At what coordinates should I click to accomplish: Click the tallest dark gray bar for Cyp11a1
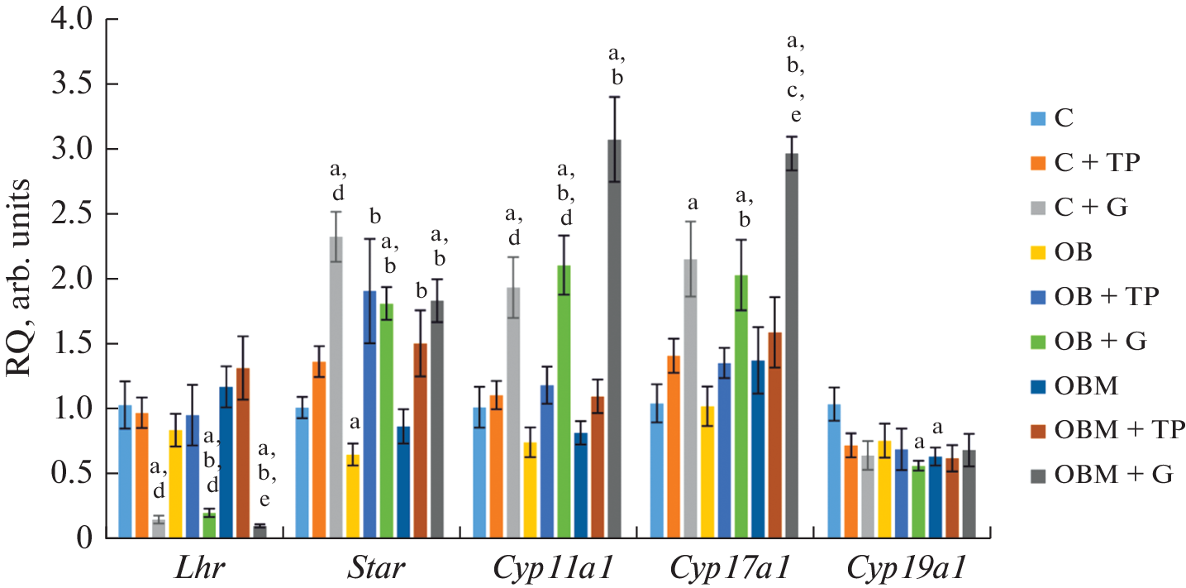pos(614,339)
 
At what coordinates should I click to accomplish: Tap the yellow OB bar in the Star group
pos(353,496)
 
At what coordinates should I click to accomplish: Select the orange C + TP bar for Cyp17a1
pos(674,447)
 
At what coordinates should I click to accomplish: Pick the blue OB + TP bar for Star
pos(369,414)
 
